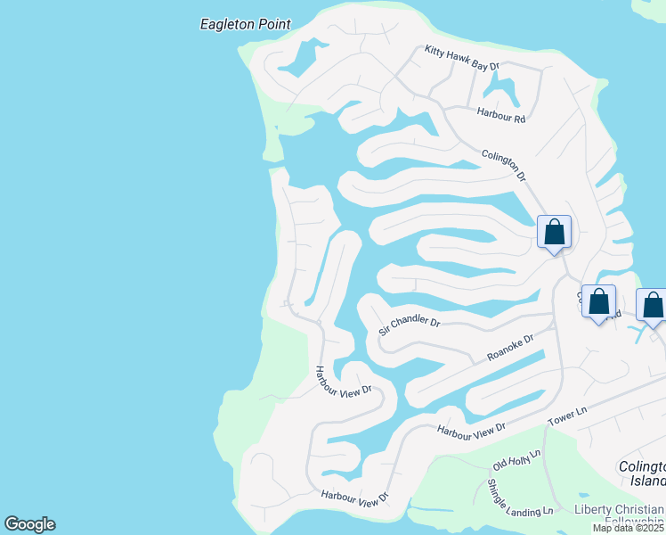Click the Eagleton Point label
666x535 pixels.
[245, 24]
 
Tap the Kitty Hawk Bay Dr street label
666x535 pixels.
[462, 59]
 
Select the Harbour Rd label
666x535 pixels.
[501, 113]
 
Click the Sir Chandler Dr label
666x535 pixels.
[409, 325]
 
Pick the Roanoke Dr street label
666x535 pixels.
[510, 348]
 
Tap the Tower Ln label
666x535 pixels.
[568, 416]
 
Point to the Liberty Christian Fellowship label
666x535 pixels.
[618, 515]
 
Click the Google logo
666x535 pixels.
[29, 524]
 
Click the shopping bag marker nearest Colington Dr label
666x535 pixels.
[554, 233]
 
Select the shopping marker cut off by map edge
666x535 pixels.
[653, 306]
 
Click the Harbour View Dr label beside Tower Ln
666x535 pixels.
[471, 429]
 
